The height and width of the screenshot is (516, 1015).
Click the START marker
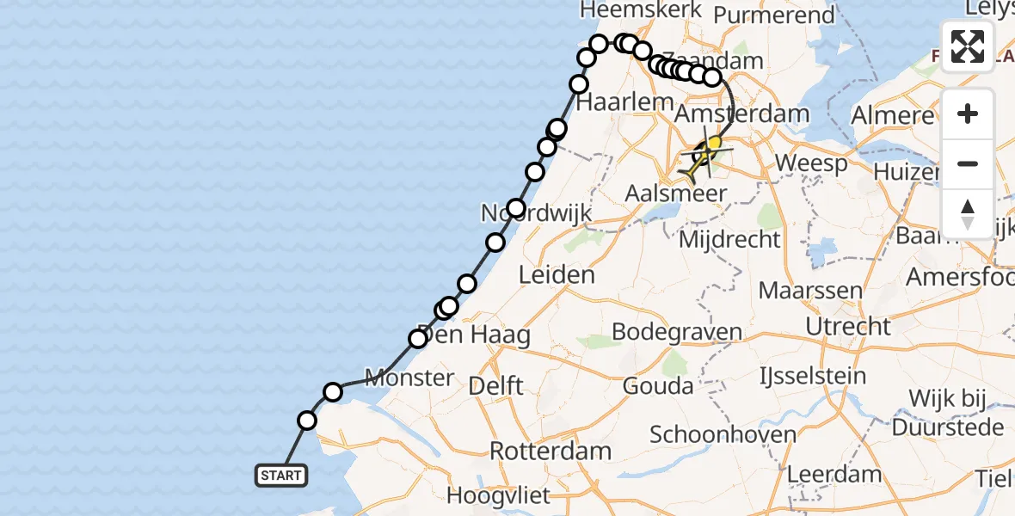tap(281, 475)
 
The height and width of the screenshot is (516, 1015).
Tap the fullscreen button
tap(968, 46)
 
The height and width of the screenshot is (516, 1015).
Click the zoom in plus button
tap(968, 114)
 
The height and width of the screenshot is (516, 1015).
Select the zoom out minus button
tap(968, 163)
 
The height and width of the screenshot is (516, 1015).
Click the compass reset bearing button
tap(968, 213)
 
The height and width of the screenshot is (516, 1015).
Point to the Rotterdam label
tap(551, 451)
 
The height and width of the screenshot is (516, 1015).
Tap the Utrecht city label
tap(848, 326)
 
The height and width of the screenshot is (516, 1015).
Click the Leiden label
tap(557, 275)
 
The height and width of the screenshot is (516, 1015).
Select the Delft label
tap(495, 386)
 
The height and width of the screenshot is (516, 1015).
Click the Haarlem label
tap(612, 102)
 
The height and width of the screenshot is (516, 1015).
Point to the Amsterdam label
tap(742, 114)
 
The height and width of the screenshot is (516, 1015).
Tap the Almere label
tap(892, 115)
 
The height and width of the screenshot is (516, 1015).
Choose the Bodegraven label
tap(676, 332)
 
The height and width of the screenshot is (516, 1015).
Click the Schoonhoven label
tap(723, 434)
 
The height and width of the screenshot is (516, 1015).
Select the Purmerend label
tap(764, 15)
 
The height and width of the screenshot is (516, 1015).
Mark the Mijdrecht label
tap(729, 239)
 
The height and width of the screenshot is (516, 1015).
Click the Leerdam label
tap(834, 474)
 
